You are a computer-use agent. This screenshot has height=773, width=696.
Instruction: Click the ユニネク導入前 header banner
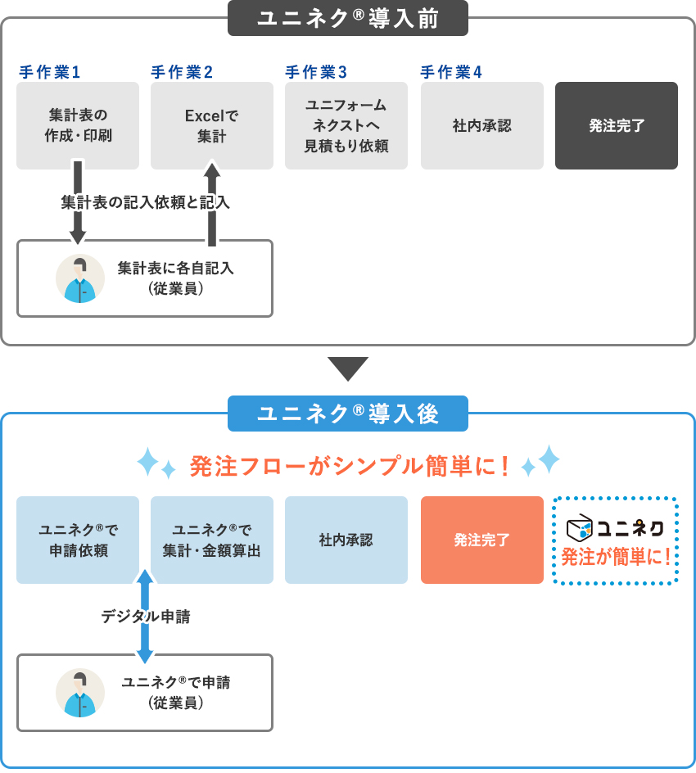click(x=348, y=18)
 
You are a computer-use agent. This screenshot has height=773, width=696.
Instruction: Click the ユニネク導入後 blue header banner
click(x=348, y=414)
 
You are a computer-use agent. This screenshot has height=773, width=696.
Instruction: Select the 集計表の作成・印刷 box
click(x=78, y=125)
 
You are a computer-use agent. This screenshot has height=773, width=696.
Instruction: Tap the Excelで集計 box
click(x=212, y=125)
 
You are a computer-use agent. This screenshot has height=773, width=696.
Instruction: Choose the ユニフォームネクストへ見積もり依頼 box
click(x=346, y=125)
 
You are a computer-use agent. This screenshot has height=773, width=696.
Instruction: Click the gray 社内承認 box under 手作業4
click(x=482, y=125)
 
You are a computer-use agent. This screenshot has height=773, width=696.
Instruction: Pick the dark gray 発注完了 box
click(x=617, y=125)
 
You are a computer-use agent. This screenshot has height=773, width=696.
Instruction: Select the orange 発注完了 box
click(x=482, y=540)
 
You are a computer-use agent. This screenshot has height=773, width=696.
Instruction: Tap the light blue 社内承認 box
click(x=346, y=540)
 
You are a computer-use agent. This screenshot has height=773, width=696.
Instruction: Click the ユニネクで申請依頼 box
click(x=78, y=540)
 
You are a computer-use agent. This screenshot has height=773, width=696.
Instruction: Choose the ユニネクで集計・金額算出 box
click(x=212, y=540)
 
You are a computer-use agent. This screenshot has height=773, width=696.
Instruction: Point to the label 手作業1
click(x=50, y=72)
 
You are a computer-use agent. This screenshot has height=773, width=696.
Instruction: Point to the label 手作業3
click(x=316, y=72)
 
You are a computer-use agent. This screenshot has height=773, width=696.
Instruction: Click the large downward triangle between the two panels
click(x=348, y=368)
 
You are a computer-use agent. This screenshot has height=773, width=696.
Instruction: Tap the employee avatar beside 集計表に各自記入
click(x=80, y=278)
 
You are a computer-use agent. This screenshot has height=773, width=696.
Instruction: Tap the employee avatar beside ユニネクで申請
click(x=80, y=693)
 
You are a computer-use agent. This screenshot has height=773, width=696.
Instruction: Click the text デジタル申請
click(x=146, y=617)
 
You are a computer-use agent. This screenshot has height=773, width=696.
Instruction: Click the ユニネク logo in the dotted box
click(x=616, y=527)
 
